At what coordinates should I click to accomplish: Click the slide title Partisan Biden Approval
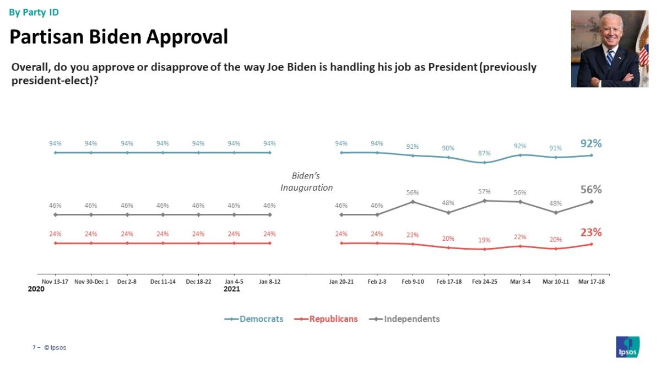coord(118,37)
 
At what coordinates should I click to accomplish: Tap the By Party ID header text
coord(34,12)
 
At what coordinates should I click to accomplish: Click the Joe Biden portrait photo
coord(609,48)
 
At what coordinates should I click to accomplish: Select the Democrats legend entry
coord(254,319)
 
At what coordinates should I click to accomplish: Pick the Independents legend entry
coord(405,319)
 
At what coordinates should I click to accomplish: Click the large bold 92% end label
coord(590,143)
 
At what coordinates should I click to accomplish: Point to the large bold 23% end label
coord(590,233)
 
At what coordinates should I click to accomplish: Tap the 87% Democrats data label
coord(484,153)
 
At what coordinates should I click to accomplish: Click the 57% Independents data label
coord(484,191)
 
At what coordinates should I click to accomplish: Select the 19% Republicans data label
coord(484,240)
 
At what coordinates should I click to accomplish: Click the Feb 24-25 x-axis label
coord(484,282)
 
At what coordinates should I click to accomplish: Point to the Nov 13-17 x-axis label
coord(55,282)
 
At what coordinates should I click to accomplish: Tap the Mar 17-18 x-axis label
coord(592,282)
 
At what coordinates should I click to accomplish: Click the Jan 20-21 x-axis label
coord(342,282)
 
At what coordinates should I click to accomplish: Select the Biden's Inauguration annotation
coord(306,182)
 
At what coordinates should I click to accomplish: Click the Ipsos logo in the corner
coord(627,347)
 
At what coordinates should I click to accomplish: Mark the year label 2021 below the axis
coord(231,289)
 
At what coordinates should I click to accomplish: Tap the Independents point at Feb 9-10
coord(413,202)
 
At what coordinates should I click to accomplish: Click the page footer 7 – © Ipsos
coord(49,348)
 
